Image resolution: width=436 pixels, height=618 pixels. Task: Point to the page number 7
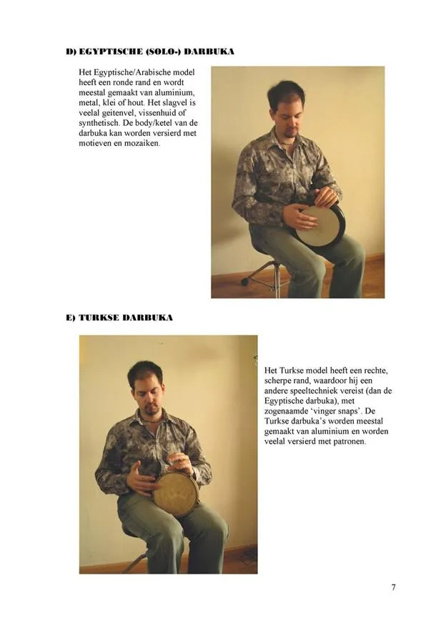[x=393, y=588]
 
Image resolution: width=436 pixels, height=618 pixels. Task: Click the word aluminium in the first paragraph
[x=174, y=92]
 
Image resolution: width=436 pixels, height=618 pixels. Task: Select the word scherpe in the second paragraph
[x=279, y=381]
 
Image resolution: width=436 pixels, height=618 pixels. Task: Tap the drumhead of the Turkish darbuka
[x=176, y=494]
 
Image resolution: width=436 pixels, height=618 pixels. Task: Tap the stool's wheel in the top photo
[x=245, y=282]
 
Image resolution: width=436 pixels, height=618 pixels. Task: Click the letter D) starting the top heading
[x=71, y=51]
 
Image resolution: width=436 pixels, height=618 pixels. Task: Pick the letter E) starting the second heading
[x=71, y=318]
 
